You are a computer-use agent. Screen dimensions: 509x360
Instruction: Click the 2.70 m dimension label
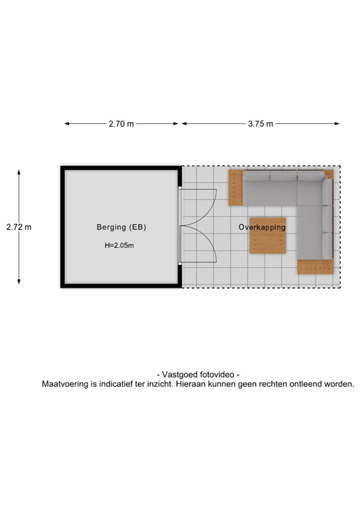121,124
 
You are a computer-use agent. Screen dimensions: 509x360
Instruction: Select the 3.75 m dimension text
261,124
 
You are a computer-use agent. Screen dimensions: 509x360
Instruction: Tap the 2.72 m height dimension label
19,227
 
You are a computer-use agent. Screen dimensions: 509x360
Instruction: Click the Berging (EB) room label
121,227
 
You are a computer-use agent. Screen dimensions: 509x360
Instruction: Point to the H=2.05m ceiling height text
120,245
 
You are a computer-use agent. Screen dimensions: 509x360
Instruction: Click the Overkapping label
262,227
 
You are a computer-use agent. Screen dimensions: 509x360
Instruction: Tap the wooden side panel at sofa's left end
237,188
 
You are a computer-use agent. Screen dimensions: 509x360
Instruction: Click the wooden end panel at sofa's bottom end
314,267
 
